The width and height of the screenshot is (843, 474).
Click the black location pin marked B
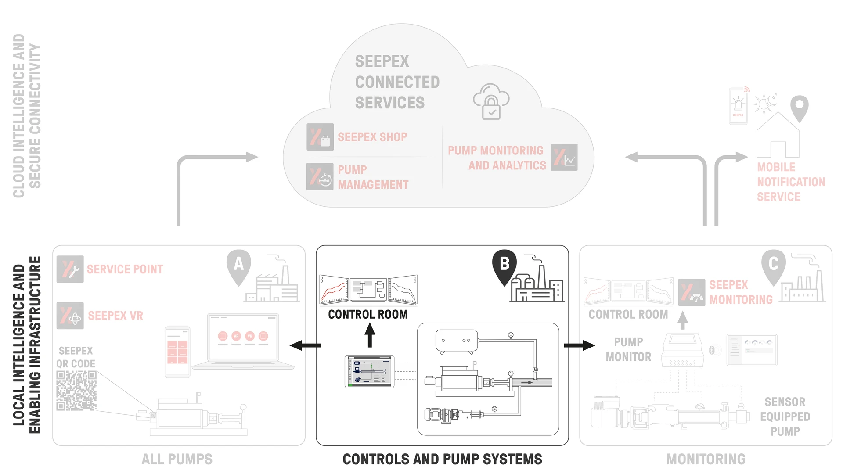(504, 266)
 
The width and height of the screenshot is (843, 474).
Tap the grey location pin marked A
(238, 266)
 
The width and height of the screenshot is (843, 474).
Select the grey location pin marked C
(773, 266)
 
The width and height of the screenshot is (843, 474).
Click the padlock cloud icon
(491, 102)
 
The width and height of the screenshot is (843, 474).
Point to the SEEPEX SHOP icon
(320, 137)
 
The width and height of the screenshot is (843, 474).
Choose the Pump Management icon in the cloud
(320, 176)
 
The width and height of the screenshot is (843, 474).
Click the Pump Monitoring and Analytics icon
(564, 157)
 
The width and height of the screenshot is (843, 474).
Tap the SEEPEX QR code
(76, 391)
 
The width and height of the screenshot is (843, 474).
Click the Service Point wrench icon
(70, 269)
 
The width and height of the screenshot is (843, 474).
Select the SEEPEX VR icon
(70, 316)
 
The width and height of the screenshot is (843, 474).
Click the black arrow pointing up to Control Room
(370, 335)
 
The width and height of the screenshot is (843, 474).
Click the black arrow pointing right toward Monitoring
(579, 345)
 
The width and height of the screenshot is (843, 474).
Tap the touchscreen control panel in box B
(370, 371)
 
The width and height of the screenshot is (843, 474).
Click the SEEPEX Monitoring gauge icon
(692, 292)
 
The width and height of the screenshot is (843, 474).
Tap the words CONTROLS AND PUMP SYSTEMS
(442, 459)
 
